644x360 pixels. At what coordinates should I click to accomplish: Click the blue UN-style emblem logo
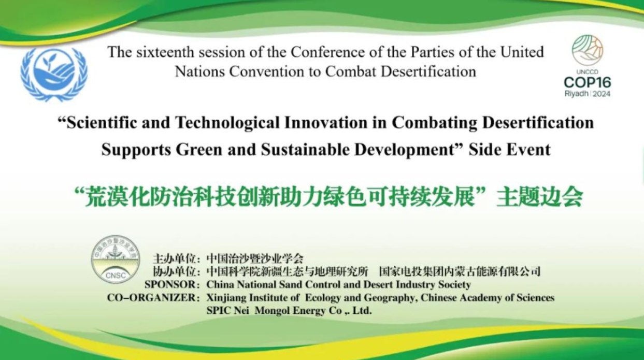(x=54, y=74)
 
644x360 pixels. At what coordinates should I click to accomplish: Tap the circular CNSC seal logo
(x=116, y=260)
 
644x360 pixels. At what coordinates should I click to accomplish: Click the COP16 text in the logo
(x=588, y=83)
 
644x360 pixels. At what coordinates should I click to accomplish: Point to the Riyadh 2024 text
(x=588, y=94)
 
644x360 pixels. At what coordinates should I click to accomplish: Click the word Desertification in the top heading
(x=428, y=71)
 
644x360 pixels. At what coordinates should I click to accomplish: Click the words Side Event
(x=509, y=150)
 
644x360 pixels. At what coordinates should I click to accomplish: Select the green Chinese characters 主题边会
(x=540, y=197)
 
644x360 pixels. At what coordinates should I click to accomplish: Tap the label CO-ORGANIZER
(x=151, y=298)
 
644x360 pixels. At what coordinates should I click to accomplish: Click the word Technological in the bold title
(x=227, y=123)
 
